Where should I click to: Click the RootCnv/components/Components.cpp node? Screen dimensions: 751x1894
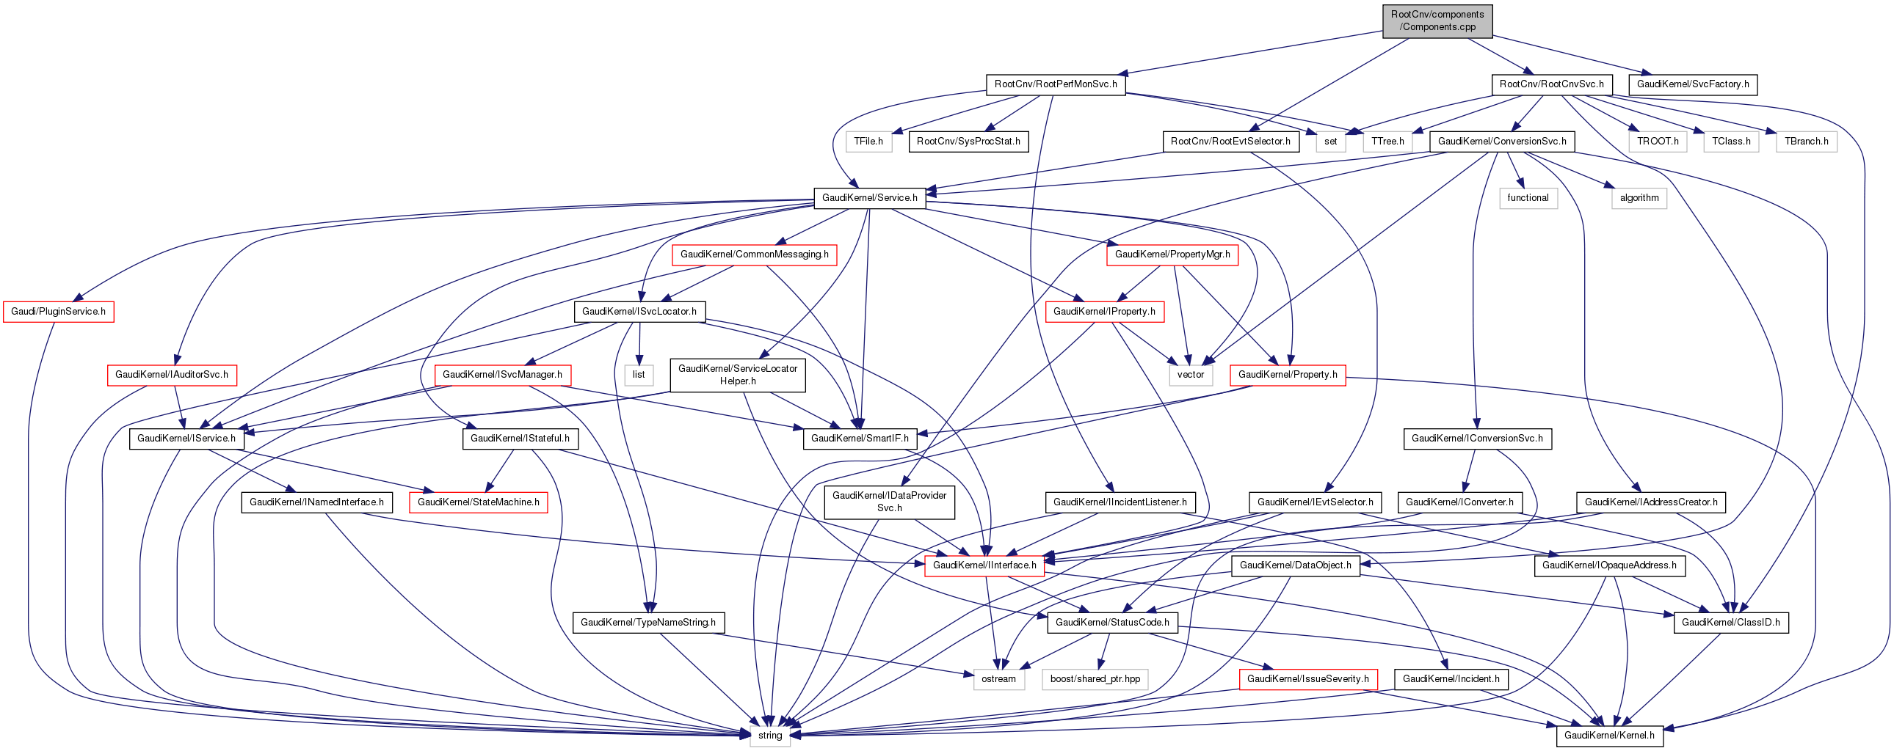tap(1437, 21)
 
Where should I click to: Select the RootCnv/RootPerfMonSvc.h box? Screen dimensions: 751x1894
tap(1055, 84)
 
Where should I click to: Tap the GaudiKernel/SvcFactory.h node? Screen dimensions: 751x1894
tap(1693, 84)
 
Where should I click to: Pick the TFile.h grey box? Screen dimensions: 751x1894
tap(868, 141)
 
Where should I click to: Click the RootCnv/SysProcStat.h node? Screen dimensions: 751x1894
tap(968, 141)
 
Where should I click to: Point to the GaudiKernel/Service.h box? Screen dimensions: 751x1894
tap(869, 198)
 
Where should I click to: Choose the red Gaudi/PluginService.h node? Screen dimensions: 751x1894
tap(58, 312)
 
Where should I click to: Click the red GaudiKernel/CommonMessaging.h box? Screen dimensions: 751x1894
tap(754, 254)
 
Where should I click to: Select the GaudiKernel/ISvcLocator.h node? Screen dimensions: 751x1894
tap(639, 312)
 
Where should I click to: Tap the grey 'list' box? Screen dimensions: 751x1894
tap(638, 375)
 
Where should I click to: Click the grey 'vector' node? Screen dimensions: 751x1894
tap(1191, 375)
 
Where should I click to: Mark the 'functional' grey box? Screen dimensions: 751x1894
tap(1527, 198)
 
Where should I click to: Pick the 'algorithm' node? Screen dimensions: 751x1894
tap(1639, 198)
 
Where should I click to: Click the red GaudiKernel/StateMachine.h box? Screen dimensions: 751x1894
tap(478, 502)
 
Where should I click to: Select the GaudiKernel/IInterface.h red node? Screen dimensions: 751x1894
tap(984, 566)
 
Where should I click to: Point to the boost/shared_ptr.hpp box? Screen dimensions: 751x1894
tap(1095, 679)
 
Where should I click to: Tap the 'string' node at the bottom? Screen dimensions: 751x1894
tap(770, 736)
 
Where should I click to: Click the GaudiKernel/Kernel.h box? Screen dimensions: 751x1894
tap(1608, 736)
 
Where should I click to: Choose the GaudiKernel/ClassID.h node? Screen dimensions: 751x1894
tap(1730, 623)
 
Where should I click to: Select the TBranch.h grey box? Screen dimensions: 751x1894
tap(1806, 141)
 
